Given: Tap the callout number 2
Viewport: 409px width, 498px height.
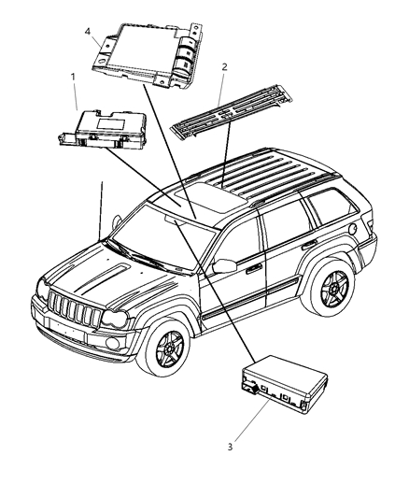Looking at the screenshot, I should (223, 68).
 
